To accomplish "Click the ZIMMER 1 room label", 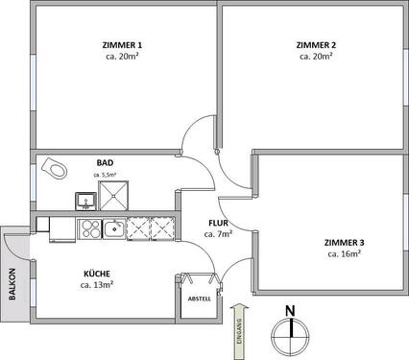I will (122, 45).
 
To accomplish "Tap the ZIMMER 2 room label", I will (316, 45).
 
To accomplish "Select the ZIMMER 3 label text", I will (343, 243).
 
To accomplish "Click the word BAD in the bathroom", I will (105, 163).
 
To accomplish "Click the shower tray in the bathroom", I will (112, 196).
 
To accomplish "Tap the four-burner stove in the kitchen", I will (89, 228).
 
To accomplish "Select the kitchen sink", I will (115, 228).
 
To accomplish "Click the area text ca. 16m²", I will (343, 254).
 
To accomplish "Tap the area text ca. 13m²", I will (97, 285).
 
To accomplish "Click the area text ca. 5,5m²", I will (105, 175).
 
